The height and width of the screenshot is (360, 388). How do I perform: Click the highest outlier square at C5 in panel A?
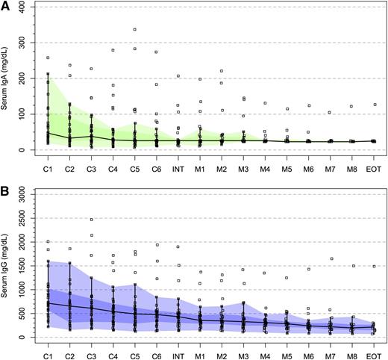134,30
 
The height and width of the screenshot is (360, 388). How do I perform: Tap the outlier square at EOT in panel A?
375,105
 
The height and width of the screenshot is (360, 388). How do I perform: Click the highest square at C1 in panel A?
48,58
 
